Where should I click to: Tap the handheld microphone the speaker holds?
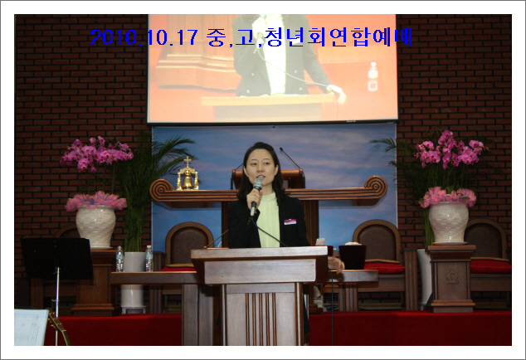click(x=256, y=196)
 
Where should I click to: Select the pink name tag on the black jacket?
click(x=290, y=221)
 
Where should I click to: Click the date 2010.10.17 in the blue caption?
click(x=144, y=37)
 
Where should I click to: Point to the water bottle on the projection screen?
click(x=373, y=77)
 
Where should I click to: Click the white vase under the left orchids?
click(x=96, y=226)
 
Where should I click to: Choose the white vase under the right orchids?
click(x=449, y=222)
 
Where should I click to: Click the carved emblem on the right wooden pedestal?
click(x=452, y=277)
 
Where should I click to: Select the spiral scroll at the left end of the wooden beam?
click(x=160, y=190)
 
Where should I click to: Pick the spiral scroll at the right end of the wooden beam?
click(x=377, y=187)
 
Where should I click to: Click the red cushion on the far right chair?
click(x=490, y=266)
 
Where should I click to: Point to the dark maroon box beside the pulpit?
click(x=353, y=256)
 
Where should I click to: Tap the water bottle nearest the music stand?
click(x=119, y=259)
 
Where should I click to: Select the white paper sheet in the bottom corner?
click(x=31, y=328)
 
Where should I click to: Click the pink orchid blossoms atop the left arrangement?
click(x=96, y=154)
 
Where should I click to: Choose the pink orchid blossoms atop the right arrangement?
click(x=450, y=149)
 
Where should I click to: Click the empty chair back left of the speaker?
click(x=189, y=242)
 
